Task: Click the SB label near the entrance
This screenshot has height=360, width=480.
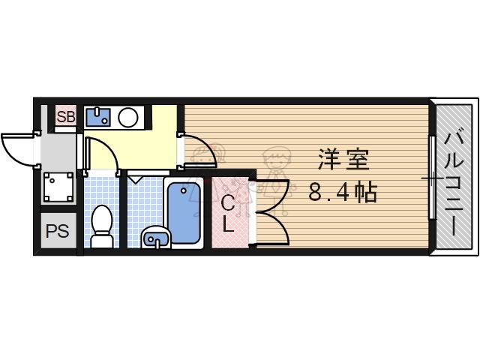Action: (65, 116)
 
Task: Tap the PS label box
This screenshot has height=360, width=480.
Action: (56, 232)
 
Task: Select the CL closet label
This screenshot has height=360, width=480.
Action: (228, 212)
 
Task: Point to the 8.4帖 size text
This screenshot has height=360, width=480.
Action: (343, 193)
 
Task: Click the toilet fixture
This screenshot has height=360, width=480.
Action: (101, 225)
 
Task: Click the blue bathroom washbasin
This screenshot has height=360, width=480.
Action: (156, 238)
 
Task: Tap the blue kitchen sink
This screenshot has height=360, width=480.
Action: (98, 117)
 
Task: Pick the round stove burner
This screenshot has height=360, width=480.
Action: (128, 117)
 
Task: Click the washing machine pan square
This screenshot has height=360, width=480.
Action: (58, 187)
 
